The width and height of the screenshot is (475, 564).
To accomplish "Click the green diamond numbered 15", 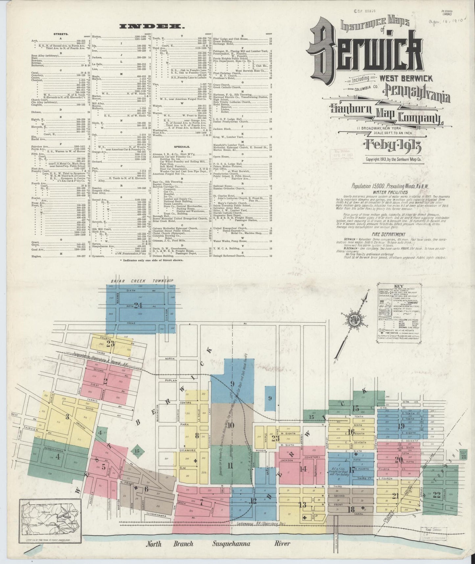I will click(x=137, y=451).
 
